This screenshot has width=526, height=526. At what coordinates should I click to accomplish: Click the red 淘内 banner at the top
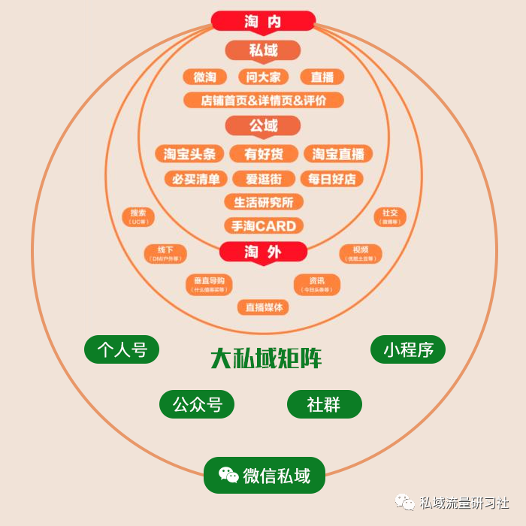click(x=263, y=21)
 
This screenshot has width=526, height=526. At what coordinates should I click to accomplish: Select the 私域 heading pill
click(x=263, y=50)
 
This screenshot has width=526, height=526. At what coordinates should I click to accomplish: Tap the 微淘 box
click(x=204, y=77)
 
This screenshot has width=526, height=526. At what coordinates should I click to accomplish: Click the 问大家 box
click(x=263, y=77)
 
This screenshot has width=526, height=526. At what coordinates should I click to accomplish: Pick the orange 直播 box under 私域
click(x=322, y=77)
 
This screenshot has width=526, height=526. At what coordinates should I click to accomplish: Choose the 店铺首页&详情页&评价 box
click(x=263, y=100)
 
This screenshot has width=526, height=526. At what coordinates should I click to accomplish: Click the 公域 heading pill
click(x=263, y=125)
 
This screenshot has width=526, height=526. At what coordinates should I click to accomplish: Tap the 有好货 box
click(x=264, y=154)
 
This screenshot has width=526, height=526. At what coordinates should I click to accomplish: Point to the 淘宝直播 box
click(x=338, y=154)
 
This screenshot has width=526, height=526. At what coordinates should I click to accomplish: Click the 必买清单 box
click(x=196, y=179)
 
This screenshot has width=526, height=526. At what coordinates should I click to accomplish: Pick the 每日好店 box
click(x=331, y=179)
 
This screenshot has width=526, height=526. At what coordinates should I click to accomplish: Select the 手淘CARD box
click(x=264, y=225)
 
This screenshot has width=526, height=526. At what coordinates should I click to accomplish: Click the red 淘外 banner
click(x=263, y=252)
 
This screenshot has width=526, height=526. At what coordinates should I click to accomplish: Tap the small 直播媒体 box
click(x=263, y=307)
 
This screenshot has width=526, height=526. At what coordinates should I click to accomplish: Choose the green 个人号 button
click(x=122, y=349)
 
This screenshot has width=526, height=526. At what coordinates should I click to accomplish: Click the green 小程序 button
click(x=408, y=349)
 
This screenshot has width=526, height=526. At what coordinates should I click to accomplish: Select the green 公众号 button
click(x=197, y=404)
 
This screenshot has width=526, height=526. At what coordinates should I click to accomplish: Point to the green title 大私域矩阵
click(x=265, y=358)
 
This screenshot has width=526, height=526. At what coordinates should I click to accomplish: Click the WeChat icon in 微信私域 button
click(x=228, y=475)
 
